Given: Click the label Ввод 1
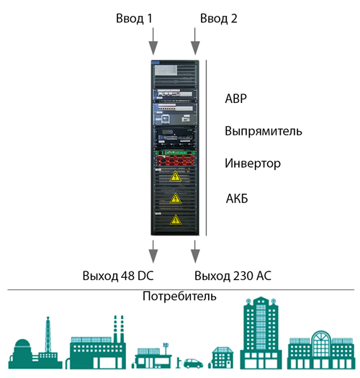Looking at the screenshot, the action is coord(134,19).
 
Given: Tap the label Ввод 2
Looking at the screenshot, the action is coord(219,19).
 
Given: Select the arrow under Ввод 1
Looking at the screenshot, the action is coord(153,41).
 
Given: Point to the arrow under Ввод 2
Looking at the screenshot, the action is coord(195,41).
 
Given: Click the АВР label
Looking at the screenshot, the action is coord(236,99).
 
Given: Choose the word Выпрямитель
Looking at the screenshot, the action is coord(264,131).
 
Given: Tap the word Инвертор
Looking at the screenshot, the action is coord(253,163).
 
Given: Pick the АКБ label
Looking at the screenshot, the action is coord(237,199).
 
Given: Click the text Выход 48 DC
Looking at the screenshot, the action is coord(118,276).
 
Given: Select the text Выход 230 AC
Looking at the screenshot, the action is coord(233,276).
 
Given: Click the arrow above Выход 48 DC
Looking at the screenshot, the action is coord(153,251).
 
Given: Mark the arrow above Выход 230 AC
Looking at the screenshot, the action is coord(195,251).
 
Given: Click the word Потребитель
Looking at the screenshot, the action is coord(179,296).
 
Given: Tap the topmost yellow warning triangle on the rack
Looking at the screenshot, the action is coord(176,176).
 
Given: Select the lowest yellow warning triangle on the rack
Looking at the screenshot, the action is coord(176,220).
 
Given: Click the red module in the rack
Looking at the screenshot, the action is coord(175,161).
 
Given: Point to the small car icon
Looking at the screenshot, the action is coord(193,364).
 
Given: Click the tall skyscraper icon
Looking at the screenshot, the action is coord(261,335).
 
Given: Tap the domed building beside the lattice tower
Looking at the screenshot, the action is coord(22,354).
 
